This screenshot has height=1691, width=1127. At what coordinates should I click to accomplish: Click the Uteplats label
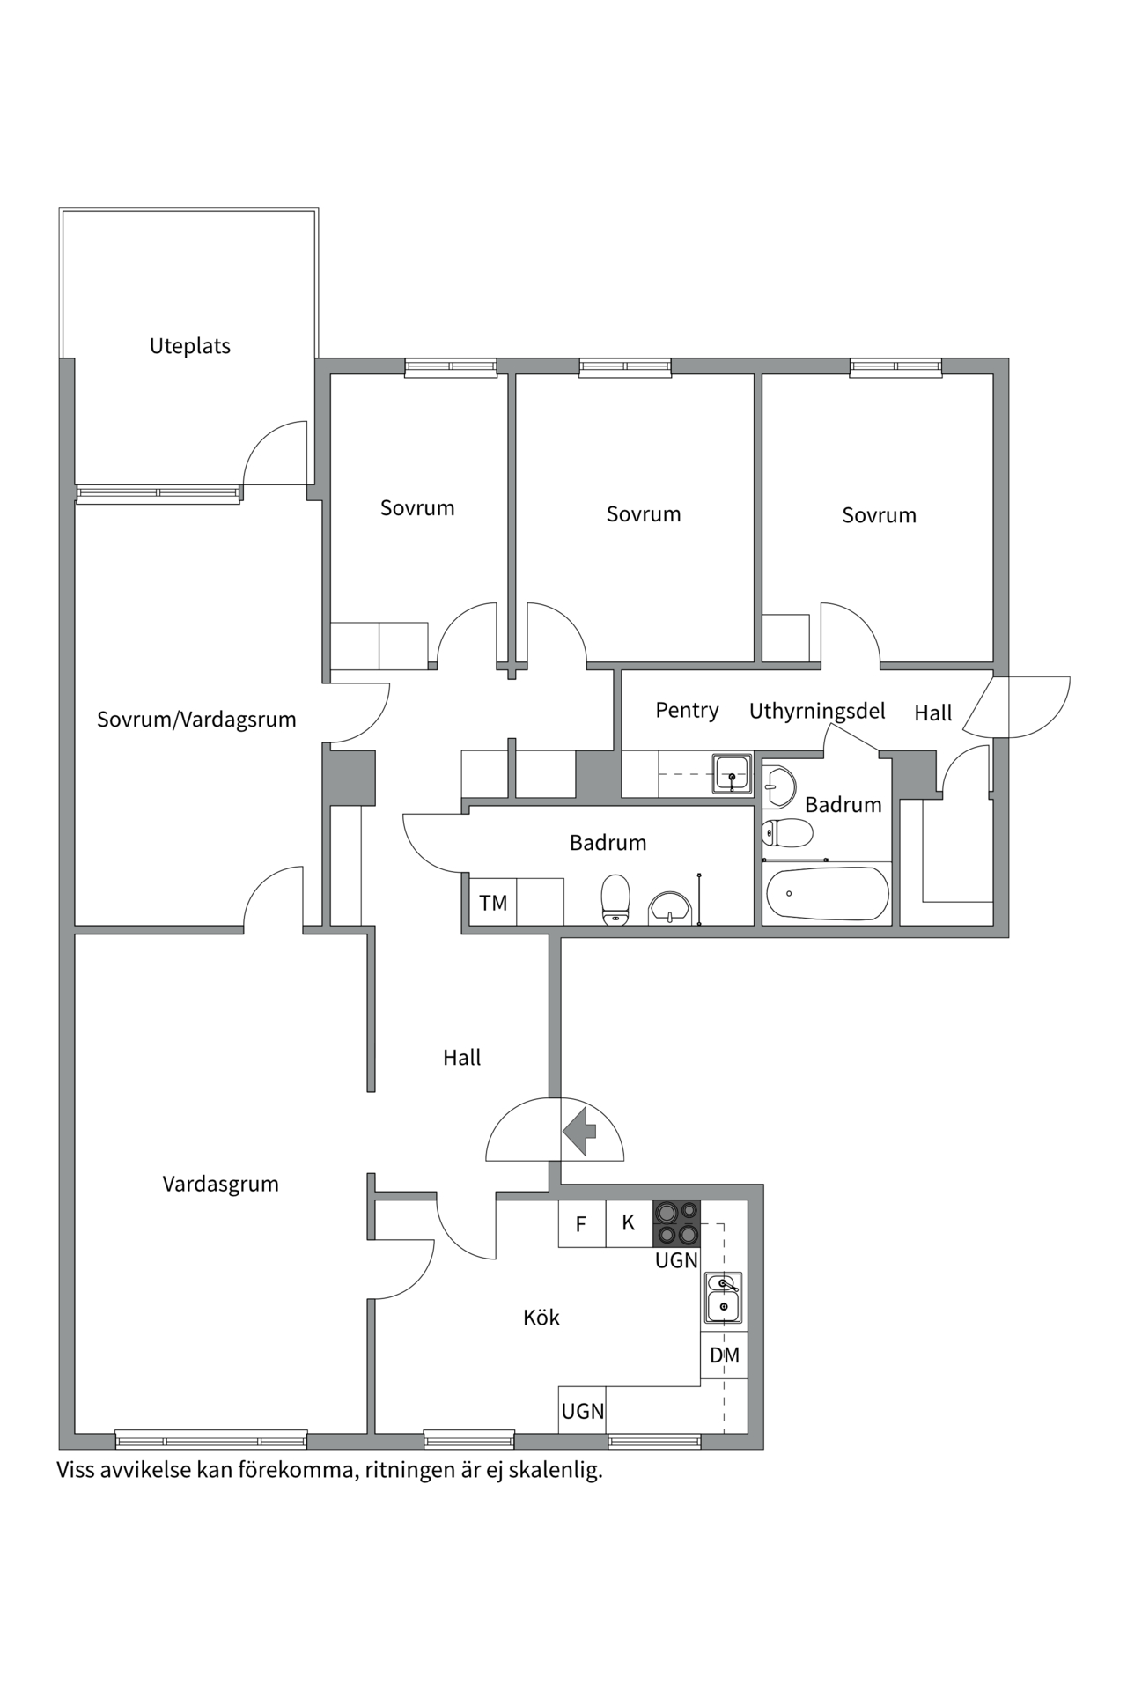tap(189, 346)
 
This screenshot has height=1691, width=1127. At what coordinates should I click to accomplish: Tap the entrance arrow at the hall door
tap(579, 1132)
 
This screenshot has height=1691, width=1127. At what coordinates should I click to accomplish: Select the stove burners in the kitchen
tap(676, 1223)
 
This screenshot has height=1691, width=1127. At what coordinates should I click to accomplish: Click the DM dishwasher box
tap(724, 1355)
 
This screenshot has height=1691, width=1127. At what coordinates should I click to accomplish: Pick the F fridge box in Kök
tap(581, 1223)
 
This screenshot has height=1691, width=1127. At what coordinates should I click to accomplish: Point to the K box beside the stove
tap(629, 1223)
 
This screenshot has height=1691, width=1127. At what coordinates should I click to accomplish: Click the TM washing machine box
tap(493, 902)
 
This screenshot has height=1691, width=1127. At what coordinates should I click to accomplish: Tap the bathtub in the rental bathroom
tap(827, 894)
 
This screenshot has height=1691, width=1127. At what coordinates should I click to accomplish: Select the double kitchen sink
tap(724, 1297)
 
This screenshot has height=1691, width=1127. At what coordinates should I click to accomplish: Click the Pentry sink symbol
tap(732, 773)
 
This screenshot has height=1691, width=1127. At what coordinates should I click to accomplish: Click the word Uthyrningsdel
tap(817, 711)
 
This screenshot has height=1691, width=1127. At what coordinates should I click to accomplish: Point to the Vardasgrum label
tap(220, 1184)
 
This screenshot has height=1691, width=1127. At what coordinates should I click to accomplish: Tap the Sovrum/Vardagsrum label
tap(196, 720)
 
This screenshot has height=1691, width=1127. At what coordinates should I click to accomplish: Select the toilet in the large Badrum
tap(615, 900)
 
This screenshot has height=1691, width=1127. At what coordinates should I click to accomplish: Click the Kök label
tap(541, 1318)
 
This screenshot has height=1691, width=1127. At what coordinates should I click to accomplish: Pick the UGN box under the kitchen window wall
tap(582, 1411)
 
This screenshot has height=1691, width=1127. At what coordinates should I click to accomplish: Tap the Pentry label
tap(687, 710)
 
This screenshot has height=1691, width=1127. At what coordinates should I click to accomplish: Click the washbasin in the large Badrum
tap(671, 908)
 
